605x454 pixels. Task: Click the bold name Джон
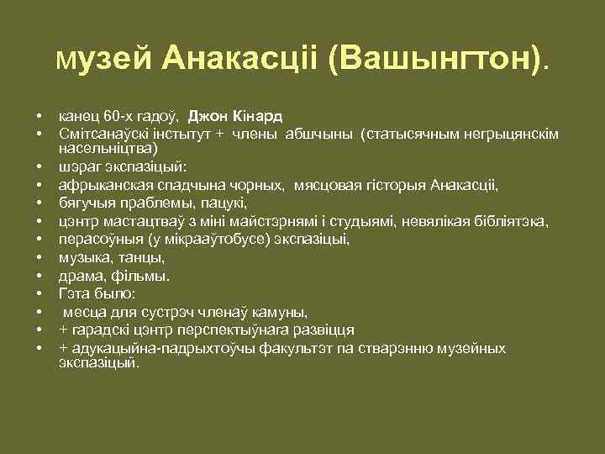tap(207, 115)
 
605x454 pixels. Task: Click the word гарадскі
tap(100, 330)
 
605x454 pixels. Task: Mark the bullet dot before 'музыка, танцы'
tap(39, 257)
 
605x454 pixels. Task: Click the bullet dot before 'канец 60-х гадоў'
tap(39, 116)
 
